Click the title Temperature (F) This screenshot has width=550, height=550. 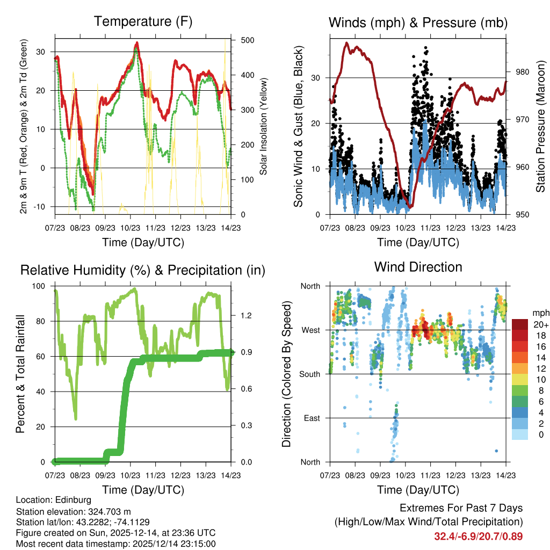(x=143, y=22)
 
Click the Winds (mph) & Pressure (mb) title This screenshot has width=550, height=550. (x=418, y=23)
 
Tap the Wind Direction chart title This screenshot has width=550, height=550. (x=418, y=267)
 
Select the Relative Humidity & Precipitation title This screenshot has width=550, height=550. (x=143, y=270)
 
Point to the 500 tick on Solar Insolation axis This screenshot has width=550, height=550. (x=248, y=40)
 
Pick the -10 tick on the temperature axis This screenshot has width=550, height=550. (x=42, y=207)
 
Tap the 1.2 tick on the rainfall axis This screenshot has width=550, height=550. (x=245, y=315)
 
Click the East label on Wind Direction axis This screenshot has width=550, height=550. (x=311, y=418)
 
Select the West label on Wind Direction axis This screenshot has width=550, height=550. (x=310, y=330)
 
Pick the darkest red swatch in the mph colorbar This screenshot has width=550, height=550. (x=520, y=324)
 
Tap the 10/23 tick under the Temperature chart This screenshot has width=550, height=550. (x=131, y=227)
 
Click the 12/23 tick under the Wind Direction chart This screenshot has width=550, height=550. (x=456, y=475)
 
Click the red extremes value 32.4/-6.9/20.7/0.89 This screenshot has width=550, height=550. (x=478, y=537)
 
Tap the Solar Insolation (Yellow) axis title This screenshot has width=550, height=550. (x=264, y=127)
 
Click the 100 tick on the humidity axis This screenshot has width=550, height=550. (x=40, y=286)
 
